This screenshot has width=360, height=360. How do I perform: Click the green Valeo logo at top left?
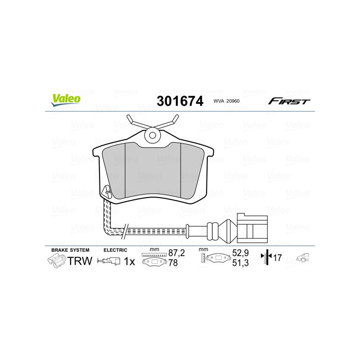pyautogui.click(x=66, y=100)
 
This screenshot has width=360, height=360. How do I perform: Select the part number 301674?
pyautogui.click(x=180, y=101)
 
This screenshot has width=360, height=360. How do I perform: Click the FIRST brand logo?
pyautogui.click(x=289, y=101)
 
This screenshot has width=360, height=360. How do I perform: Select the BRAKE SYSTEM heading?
pyautogui.click(x=70, y=250)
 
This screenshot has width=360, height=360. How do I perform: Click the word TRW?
pyautogui.click(x=80, y=261)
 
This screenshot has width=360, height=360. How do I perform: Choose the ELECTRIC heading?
pyautogui.click(x=116, y=250)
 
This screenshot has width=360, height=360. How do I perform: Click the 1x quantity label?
pyautogui.click(x=130, y=261)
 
